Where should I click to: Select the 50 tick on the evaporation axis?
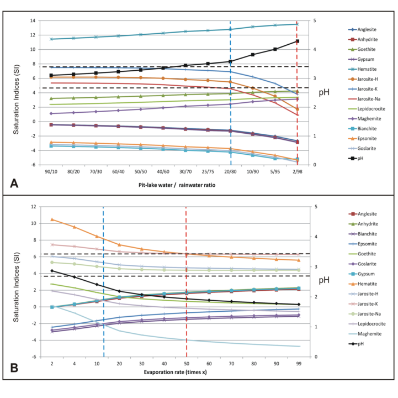pos(187,364)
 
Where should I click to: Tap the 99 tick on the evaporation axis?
pos(299,364)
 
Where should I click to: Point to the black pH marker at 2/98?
pos(297,41)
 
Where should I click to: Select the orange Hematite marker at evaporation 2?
pos(51,219)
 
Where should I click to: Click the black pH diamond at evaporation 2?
pos(51,271)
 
